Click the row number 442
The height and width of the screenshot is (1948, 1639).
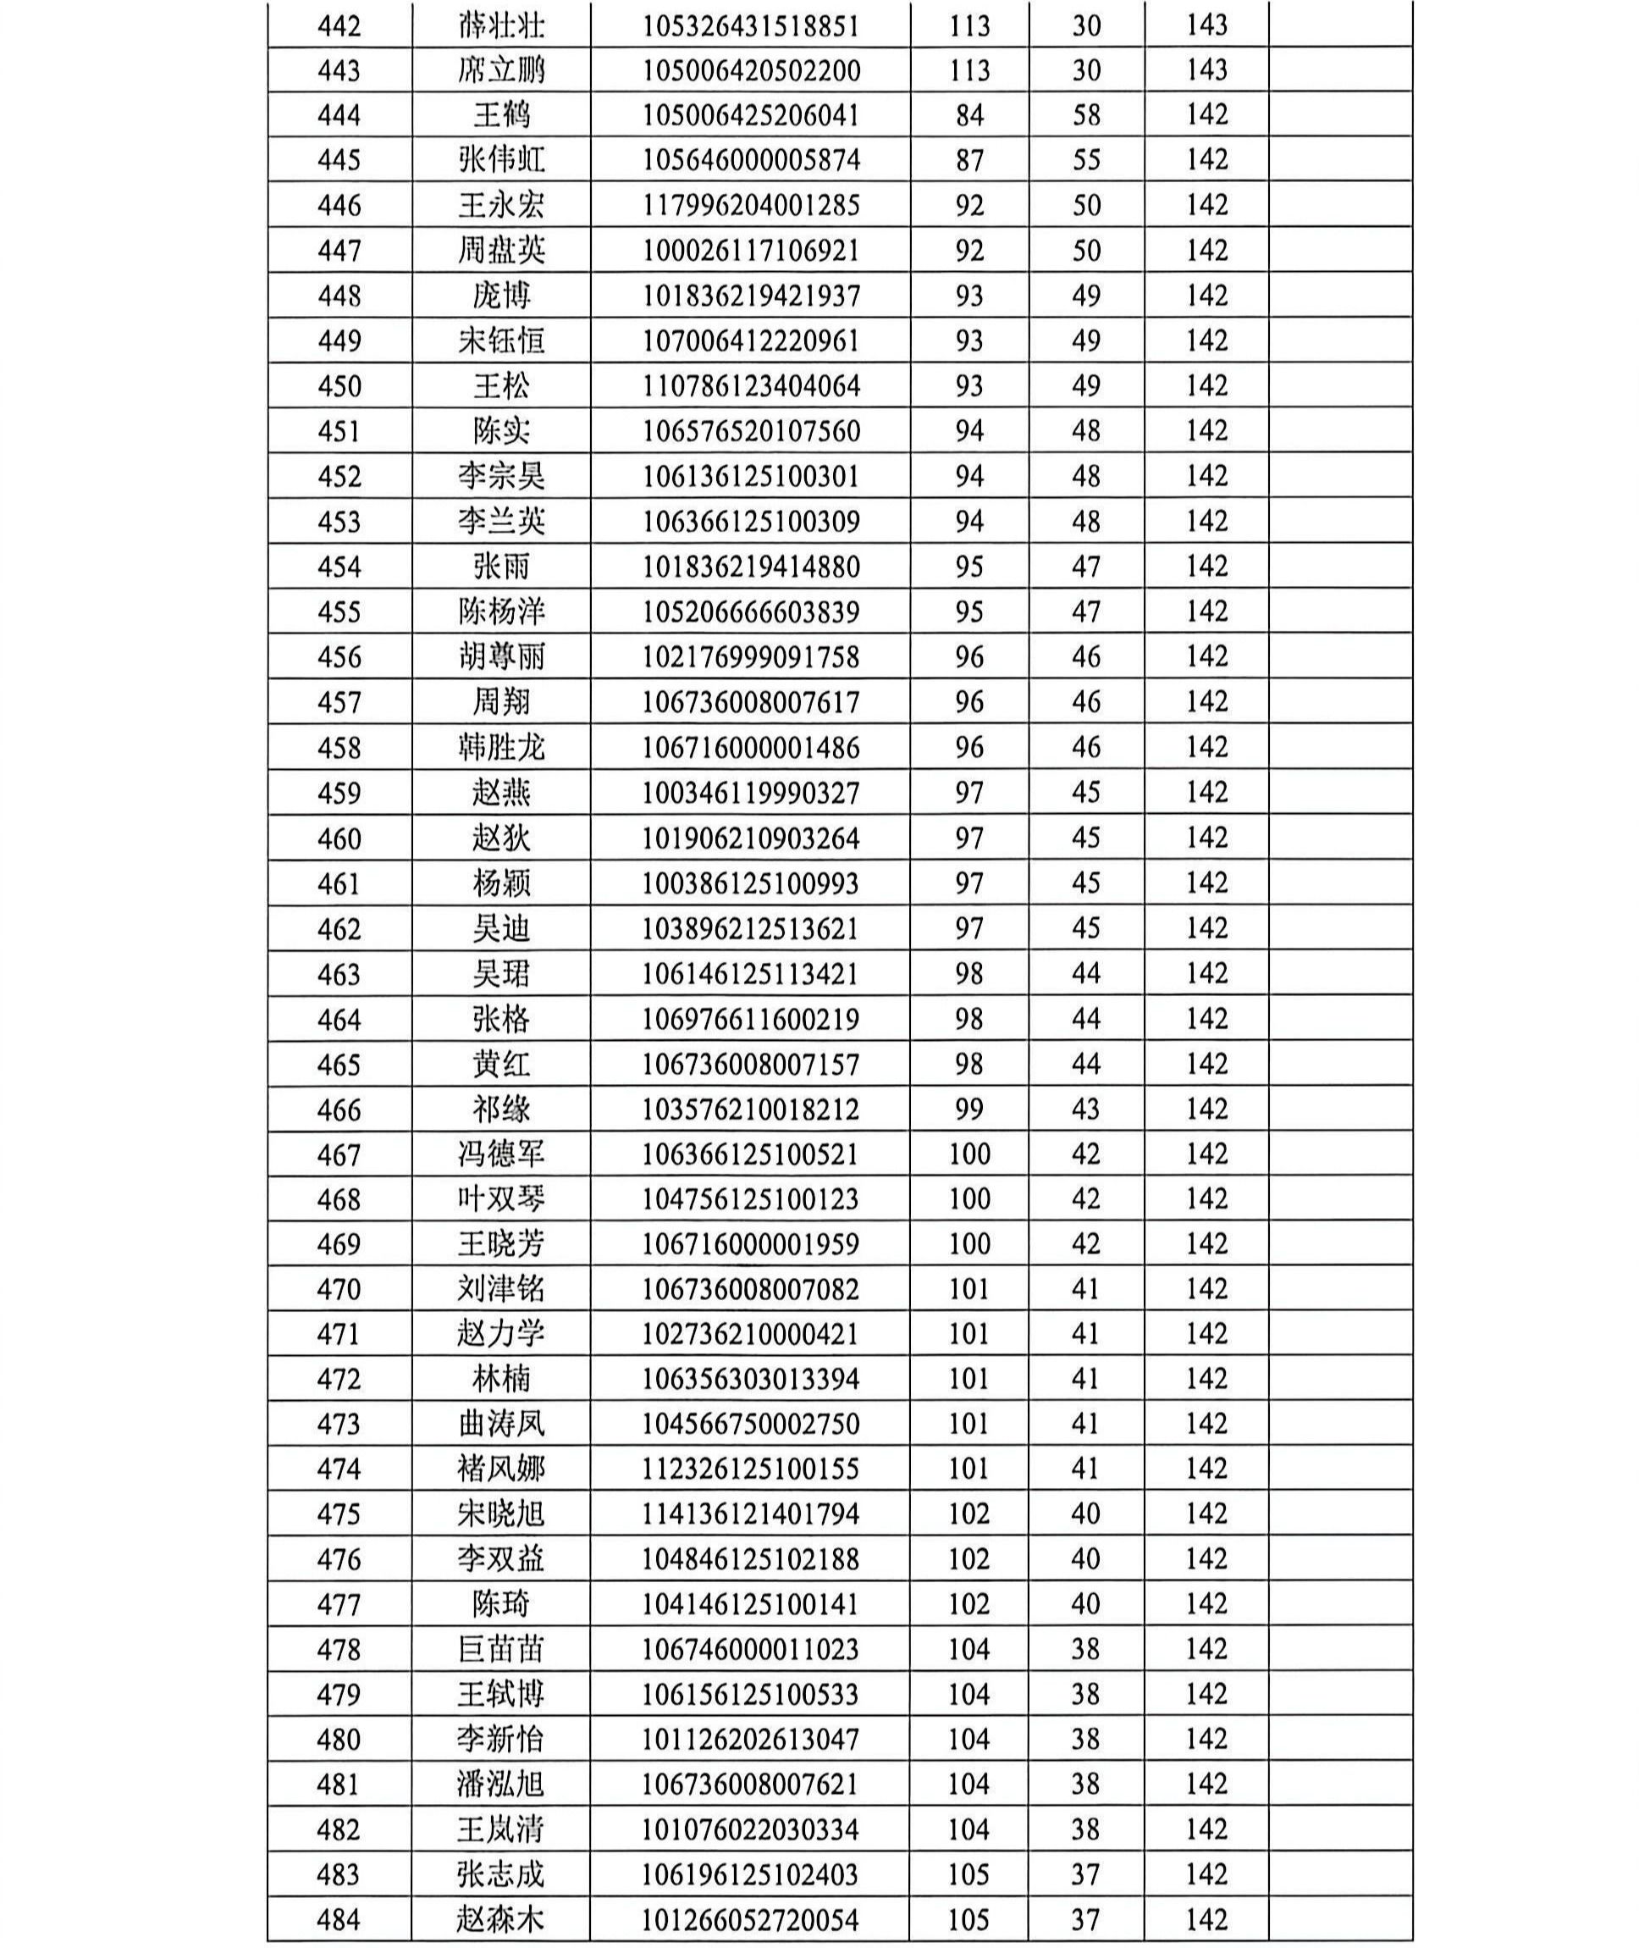pyautogui.click(x=339, y=25)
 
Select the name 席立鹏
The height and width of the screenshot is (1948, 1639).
pyautogui.click(x=501, y=69)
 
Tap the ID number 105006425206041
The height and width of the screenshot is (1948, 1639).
pyautogui.click(x=751, y=115)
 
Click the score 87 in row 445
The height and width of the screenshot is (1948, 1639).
pyautogui.click(x=969, y=160)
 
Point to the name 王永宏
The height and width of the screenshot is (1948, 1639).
pyautogui.click(x=501, y=204)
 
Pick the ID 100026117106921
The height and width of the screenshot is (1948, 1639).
pyautogui.click(x=751, y=250)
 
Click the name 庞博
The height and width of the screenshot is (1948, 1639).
pyautogui.click(x=501, y=296)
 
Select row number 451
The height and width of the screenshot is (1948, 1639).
pyautogui.click(x=339, y=431)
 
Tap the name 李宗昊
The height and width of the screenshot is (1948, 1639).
pyautogui.click(x=501, y=476)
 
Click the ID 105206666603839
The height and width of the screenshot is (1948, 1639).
pyautogui.click(x=751, y=612)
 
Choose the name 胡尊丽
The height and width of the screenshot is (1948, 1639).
pyautogui.click(x=501, y=657)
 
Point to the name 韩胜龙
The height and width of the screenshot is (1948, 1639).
pyautogui.click(x=501, y=747)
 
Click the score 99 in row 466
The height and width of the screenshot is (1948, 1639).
pyautogui.click(x=969, y=1109)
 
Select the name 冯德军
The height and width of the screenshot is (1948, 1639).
pyautogui.click(x=501, y=1154)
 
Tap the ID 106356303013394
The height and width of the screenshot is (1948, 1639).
pyautogui.click(x=751, y=1379)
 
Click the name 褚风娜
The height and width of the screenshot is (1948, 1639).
pyautogui.click(x=501, y=1469)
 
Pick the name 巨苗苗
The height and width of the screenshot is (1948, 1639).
pyautogui.click(x=501, y=1650)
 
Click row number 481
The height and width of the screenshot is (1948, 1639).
pyautogui.click(x=339, y=1785)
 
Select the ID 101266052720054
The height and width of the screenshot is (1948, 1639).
pyautogui.click(x=751, y=1919)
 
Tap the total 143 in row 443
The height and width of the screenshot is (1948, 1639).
pyautogui.click(x=1207, y=69)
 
